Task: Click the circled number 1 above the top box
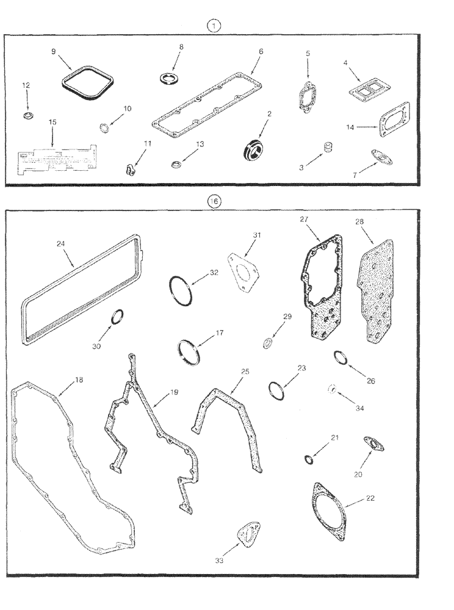(214, 26)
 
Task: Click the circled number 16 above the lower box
(214, 201)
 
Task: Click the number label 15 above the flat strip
(52, 122)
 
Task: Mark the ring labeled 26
(340, 358)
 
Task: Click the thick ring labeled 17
(189, 353)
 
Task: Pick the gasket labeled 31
(243, 267)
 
